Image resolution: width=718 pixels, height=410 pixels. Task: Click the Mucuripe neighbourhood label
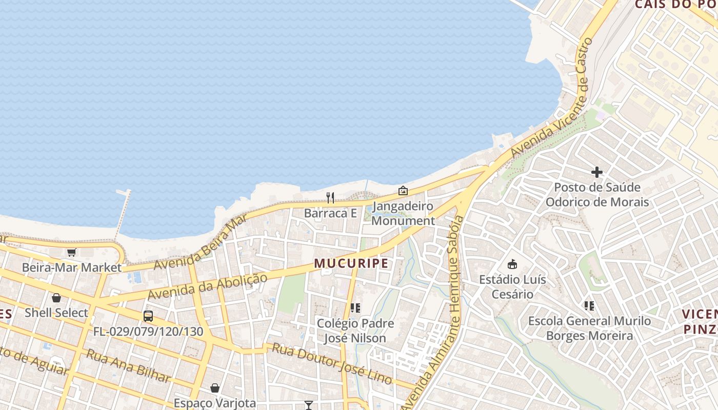coord(351,263)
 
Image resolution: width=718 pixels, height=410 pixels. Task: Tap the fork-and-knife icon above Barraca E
coord(330,197)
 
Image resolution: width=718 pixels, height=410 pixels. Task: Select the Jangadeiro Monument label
coord(403,214)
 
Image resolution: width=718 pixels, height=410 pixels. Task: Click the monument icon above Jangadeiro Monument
coord(403,191)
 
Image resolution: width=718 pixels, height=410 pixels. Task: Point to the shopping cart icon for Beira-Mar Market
coord(71,252)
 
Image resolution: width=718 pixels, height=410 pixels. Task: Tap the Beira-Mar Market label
coord(72,268)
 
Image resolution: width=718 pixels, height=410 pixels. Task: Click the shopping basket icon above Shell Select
coord(56,298)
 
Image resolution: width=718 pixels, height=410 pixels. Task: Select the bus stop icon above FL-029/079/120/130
coord(148,316)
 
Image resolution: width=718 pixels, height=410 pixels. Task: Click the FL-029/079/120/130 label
coord(148,332)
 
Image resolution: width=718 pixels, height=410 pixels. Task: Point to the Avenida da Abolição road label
coord(208,286)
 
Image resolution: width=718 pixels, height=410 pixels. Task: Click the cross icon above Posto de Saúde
coord(597,172)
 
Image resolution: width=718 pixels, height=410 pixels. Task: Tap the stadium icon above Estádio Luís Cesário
coord(512,264)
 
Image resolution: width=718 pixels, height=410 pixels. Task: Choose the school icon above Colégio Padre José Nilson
coord(355,308)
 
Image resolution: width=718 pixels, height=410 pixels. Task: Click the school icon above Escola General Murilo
coord(589,306)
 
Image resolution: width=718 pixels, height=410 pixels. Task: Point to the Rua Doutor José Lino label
coord(332,363)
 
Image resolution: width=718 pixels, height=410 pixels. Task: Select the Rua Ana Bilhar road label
coord(128,366)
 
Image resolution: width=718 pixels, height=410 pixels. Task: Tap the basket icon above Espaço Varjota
coord(215,388)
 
